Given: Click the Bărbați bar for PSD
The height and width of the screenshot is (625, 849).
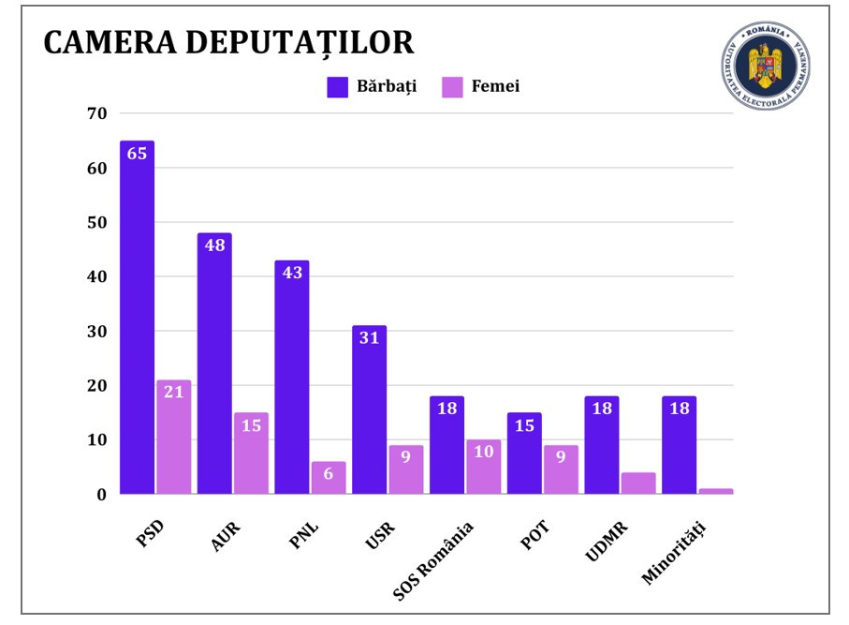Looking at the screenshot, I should coord(137,319).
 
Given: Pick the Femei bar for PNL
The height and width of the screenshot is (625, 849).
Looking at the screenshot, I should coord(329,478).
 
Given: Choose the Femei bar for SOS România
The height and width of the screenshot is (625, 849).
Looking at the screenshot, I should coord(484,468).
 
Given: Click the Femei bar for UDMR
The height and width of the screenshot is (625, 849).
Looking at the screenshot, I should coord(638,484).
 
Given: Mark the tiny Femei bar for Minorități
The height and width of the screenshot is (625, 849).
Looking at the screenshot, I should coord(716,491).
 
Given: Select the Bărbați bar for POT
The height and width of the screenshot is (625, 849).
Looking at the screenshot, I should coord(524,454).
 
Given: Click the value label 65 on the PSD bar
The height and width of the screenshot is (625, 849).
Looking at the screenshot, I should coord(137,154).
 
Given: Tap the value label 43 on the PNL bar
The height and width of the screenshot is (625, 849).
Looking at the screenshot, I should coord(292,274).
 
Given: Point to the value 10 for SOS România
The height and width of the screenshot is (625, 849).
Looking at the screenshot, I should coord(484,452).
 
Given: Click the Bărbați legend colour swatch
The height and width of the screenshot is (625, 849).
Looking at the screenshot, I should coord(337,87).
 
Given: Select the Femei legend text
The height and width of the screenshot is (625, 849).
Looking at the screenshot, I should coord(494,87).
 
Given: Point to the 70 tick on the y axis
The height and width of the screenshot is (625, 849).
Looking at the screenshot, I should coord(99,114).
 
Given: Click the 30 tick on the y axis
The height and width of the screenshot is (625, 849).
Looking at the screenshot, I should coord(99,332).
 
